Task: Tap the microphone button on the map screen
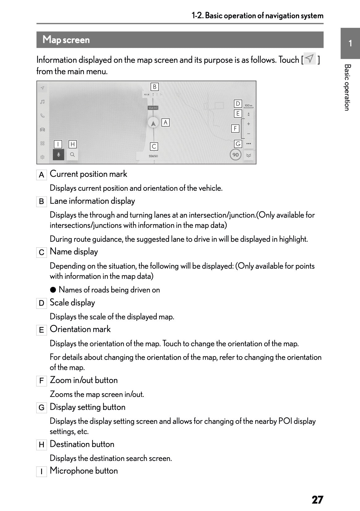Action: pyautogui.click(x=58, y=155)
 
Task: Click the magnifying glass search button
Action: pyautogui.click(x=72, y=155)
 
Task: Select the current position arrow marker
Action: pyautogui.click(x=153, y=123)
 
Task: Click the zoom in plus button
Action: pyautogui.click(x=248, y=124)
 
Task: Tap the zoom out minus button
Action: pyautogui.click(x=248, y=134)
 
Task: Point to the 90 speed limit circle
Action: pyautogui.click(x=235, y=155)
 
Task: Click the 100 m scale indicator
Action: pyautogui.click(x=248, y=106)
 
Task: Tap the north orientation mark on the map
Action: pyautogui.click(x=248, y=114)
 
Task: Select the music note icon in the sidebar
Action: pyautogui.click(x=43, y=102)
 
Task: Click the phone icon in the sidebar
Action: pyautogui.click(x=43, y=116)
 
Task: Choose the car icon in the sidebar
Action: pyautogui.click(x=43, y=130)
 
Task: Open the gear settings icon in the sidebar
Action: pyautogui.click(x=43, y=157)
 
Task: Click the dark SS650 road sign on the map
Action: pyautogui.click(x=153, y=108)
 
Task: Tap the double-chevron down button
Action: pyautogui.click(x=248, y=155)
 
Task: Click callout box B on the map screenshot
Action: pyautogui.click(x=155, y=87)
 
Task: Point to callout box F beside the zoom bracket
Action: pyautogui.click(x=235, y=128)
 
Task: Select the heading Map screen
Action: pyautogui.click(x=66, y=40)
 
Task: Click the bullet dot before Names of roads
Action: pyautogui.click(x=53, y=290)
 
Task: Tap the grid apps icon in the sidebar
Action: pyautogui.click(x=43, y=143)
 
